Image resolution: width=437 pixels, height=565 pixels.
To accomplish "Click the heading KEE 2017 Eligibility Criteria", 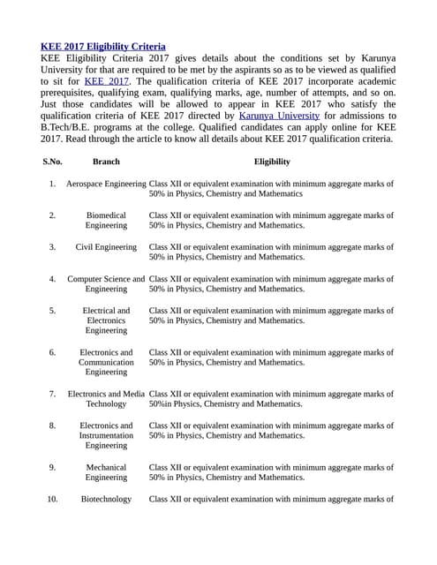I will pyautogui.click(x=103, y=46).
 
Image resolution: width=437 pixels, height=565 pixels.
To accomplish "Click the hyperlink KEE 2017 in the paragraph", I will pyautogui.click(x=106, y=81).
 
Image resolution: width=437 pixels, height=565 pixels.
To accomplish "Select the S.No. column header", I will pyautogui.click(x=52, y=162).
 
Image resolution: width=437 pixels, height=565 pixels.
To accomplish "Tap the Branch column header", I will pyautogui.click(x=106, y=162).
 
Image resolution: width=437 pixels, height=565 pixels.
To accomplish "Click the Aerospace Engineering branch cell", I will pyautogui.click(x=106, y=184).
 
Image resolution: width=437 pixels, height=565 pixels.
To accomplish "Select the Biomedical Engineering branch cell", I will pyautogui.click(x=106, y=221).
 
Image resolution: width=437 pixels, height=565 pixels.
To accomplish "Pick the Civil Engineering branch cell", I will pyautogui.click(x=106, y=247).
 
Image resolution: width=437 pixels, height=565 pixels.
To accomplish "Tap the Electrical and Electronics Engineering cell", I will pyautogui.click(x=106, y=320).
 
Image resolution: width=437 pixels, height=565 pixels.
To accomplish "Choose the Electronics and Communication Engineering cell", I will pyautogui.click(x=106, y=362).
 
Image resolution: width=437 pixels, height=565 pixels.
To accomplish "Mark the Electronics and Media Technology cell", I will pyautogui.click(x=106, y=399).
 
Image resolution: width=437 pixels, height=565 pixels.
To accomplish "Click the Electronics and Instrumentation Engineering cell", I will pyautogui.click(x=106, y=435).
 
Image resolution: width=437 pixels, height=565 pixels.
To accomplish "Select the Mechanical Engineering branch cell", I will pyautogui.click(x=106, y=472).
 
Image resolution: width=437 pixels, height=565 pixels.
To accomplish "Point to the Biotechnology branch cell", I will pyautogui.click(x=106, y=499).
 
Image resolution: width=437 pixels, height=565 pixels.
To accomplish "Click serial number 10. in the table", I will pyautogui.click(x=52, y=499).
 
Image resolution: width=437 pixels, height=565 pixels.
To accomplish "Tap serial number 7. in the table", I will pyautogui.click(x=52, y=394).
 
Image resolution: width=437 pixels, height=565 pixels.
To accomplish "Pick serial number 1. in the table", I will pyautogui.click(x=52, y=184).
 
